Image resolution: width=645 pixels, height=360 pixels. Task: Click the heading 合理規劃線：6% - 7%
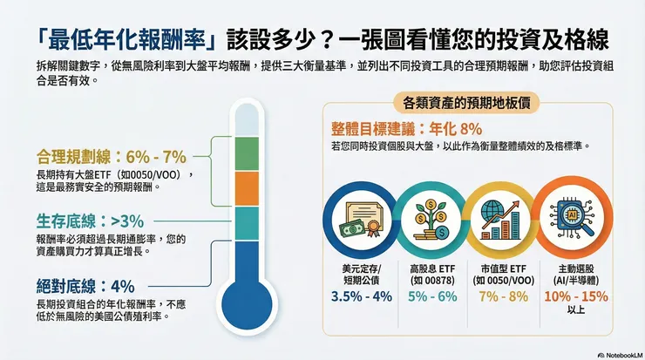point(112,157)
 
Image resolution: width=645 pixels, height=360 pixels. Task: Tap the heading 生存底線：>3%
point(90,221)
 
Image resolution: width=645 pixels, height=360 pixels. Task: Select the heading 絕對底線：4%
point(85,286)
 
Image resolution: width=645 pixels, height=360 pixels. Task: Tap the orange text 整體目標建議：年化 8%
point(406,127)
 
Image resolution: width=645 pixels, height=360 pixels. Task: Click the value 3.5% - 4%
point(360,296)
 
